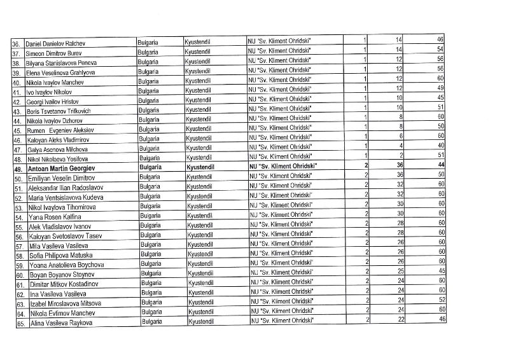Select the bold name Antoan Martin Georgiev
tap(61, 169)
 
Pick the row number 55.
tap(19, 227)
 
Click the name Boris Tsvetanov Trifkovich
tap(59, 111)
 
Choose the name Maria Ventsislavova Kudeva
tap(65, 198)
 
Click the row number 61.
tap(19, 284)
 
